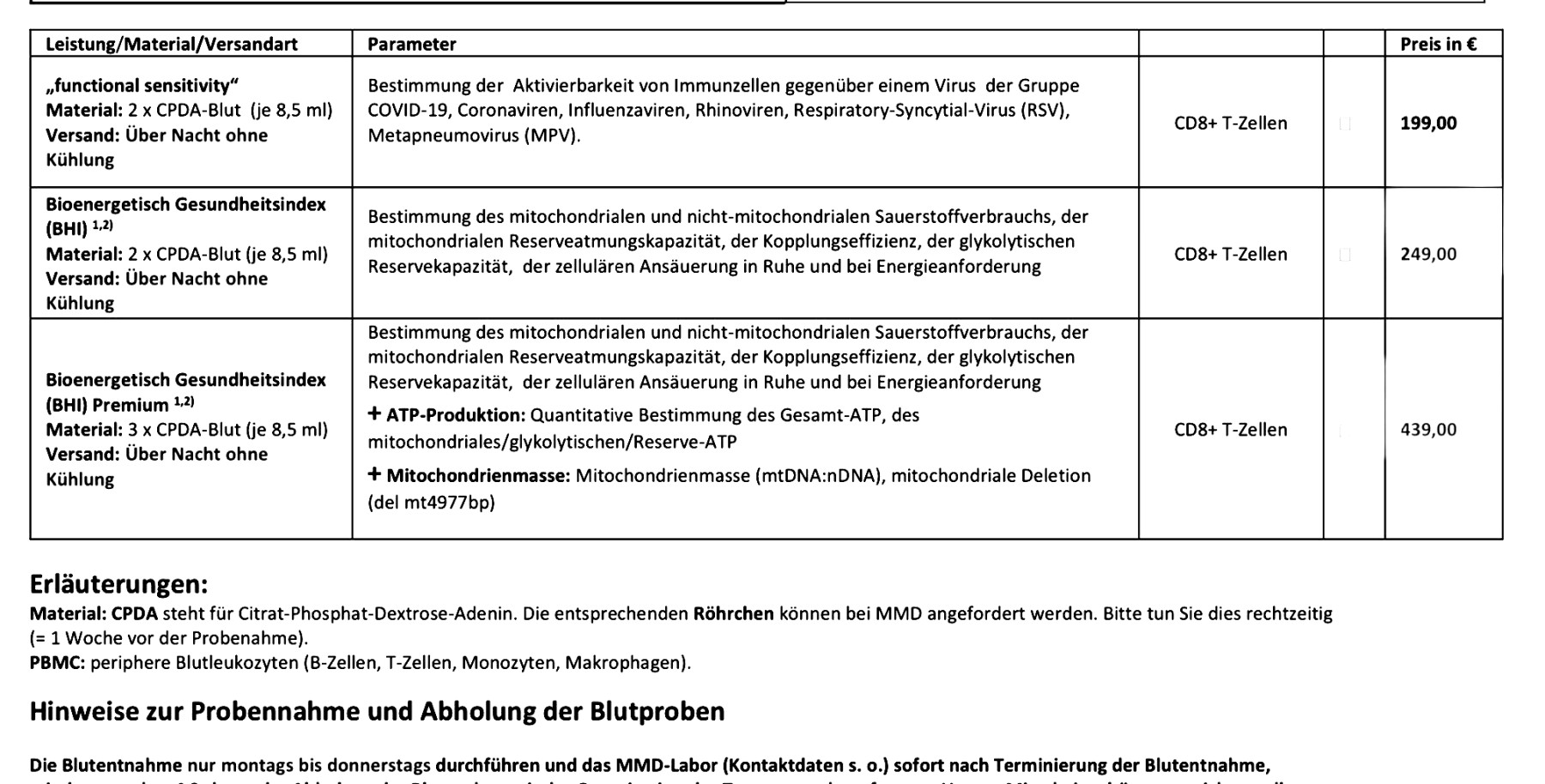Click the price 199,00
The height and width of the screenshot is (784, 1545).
[1428, 124]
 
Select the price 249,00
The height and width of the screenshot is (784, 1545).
[1428, 255]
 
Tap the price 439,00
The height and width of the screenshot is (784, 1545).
[1428, 430]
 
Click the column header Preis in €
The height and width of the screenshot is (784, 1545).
[1438, 45]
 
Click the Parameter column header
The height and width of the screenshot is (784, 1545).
[411, 45]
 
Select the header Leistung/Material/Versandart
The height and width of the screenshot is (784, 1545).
[172, 45]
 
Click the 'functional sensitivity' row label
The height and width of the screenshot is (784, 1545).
[142, 86]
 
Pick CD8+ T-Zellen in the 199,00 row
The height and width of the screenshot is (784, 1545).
[1230, 124]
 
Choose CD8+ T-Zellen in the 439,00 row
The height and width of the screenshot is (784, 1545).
[1230, 430]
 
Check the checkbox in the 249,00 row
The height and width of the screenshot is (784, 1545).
[1345, 255]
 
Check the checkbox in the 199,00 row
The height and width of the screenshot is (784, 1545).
[1345, 124]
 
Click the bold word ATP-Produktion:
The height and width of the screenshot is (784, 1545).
[455, 416]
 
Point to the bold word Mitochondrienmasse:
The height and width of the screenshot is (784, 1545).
[477, 476]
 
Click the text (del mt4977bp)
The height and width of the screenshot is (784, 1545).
[431, 503]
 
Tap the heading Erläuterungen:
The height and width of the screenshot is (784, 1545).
[118, 585]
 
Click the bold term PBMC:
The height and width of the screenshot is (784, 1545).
[57, 663]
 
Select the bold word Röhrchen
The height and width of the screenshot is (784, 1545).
[733, 614]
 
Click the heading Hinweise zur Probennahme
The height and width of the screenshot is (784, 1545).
[377, 712]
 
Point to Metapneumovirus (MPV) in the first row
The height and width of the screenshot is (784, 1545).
[473, 136]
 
